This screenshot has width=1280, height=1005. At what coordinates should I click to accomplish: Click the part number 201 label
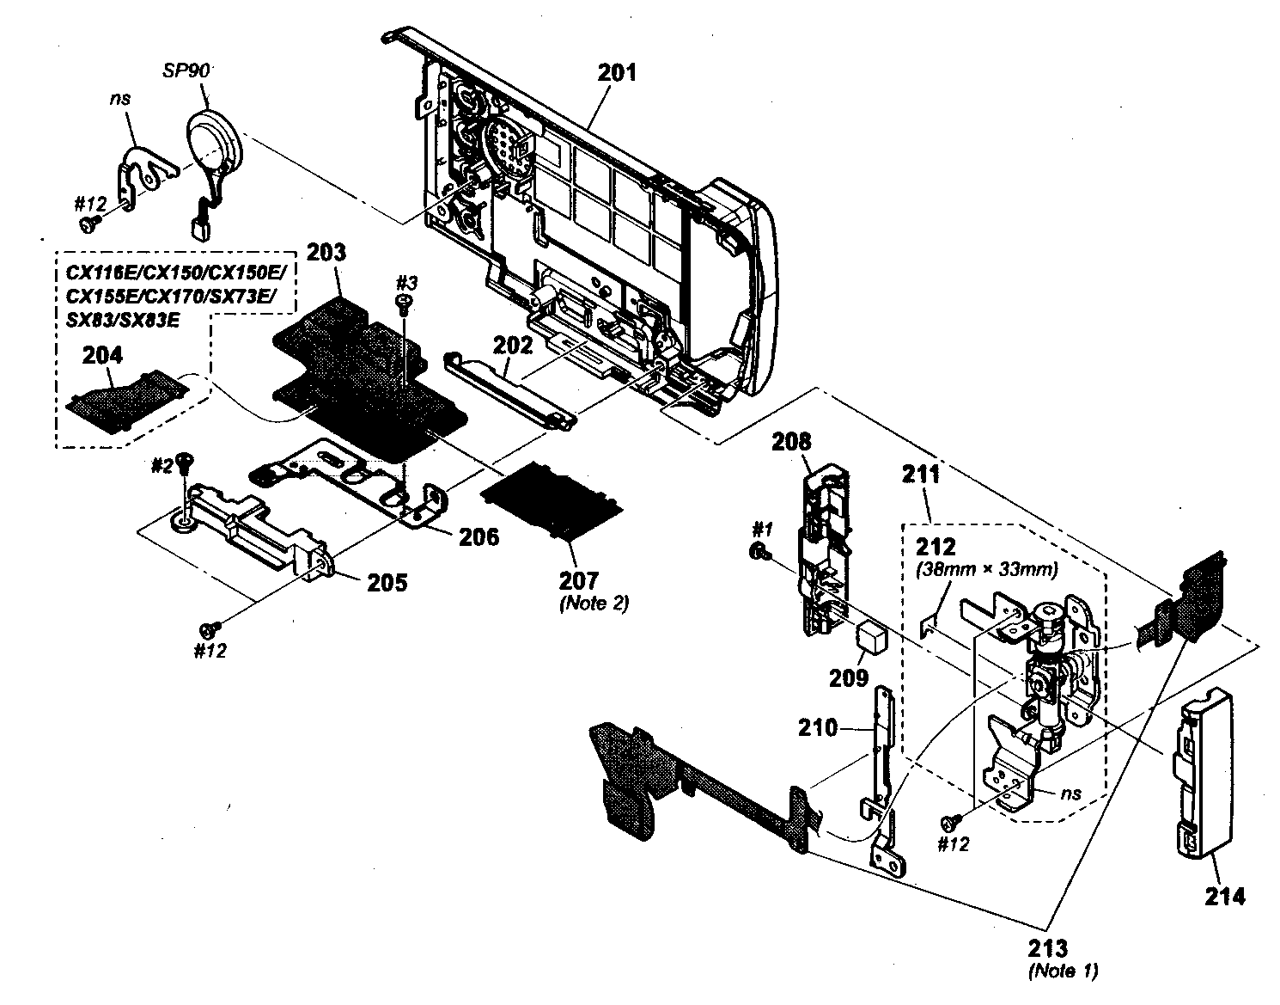(617, 73)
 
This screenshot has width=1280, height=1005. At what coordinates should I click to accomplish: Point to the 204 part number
(102, 355)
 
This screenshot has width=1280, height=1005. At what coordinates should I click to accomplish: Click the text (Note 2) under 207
(594, 603)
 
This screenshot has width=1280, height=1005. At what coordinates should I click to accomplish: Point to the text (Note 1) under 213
(1062, 971)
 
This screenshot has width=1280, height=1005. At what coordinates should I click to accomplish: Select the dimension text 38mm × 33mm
(987, 568)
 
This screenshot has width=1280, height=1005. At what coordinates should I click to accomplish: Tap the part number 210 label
(817, 728)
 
